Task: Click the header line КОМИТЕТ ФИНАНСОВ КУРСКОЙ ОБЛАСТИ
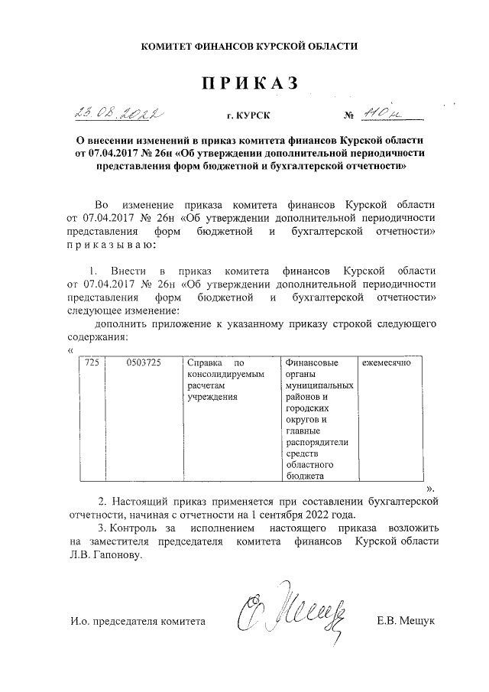point(250,48)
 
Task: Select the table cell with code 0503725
point(144,362)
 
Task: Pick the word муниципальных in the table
point(318,385)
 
